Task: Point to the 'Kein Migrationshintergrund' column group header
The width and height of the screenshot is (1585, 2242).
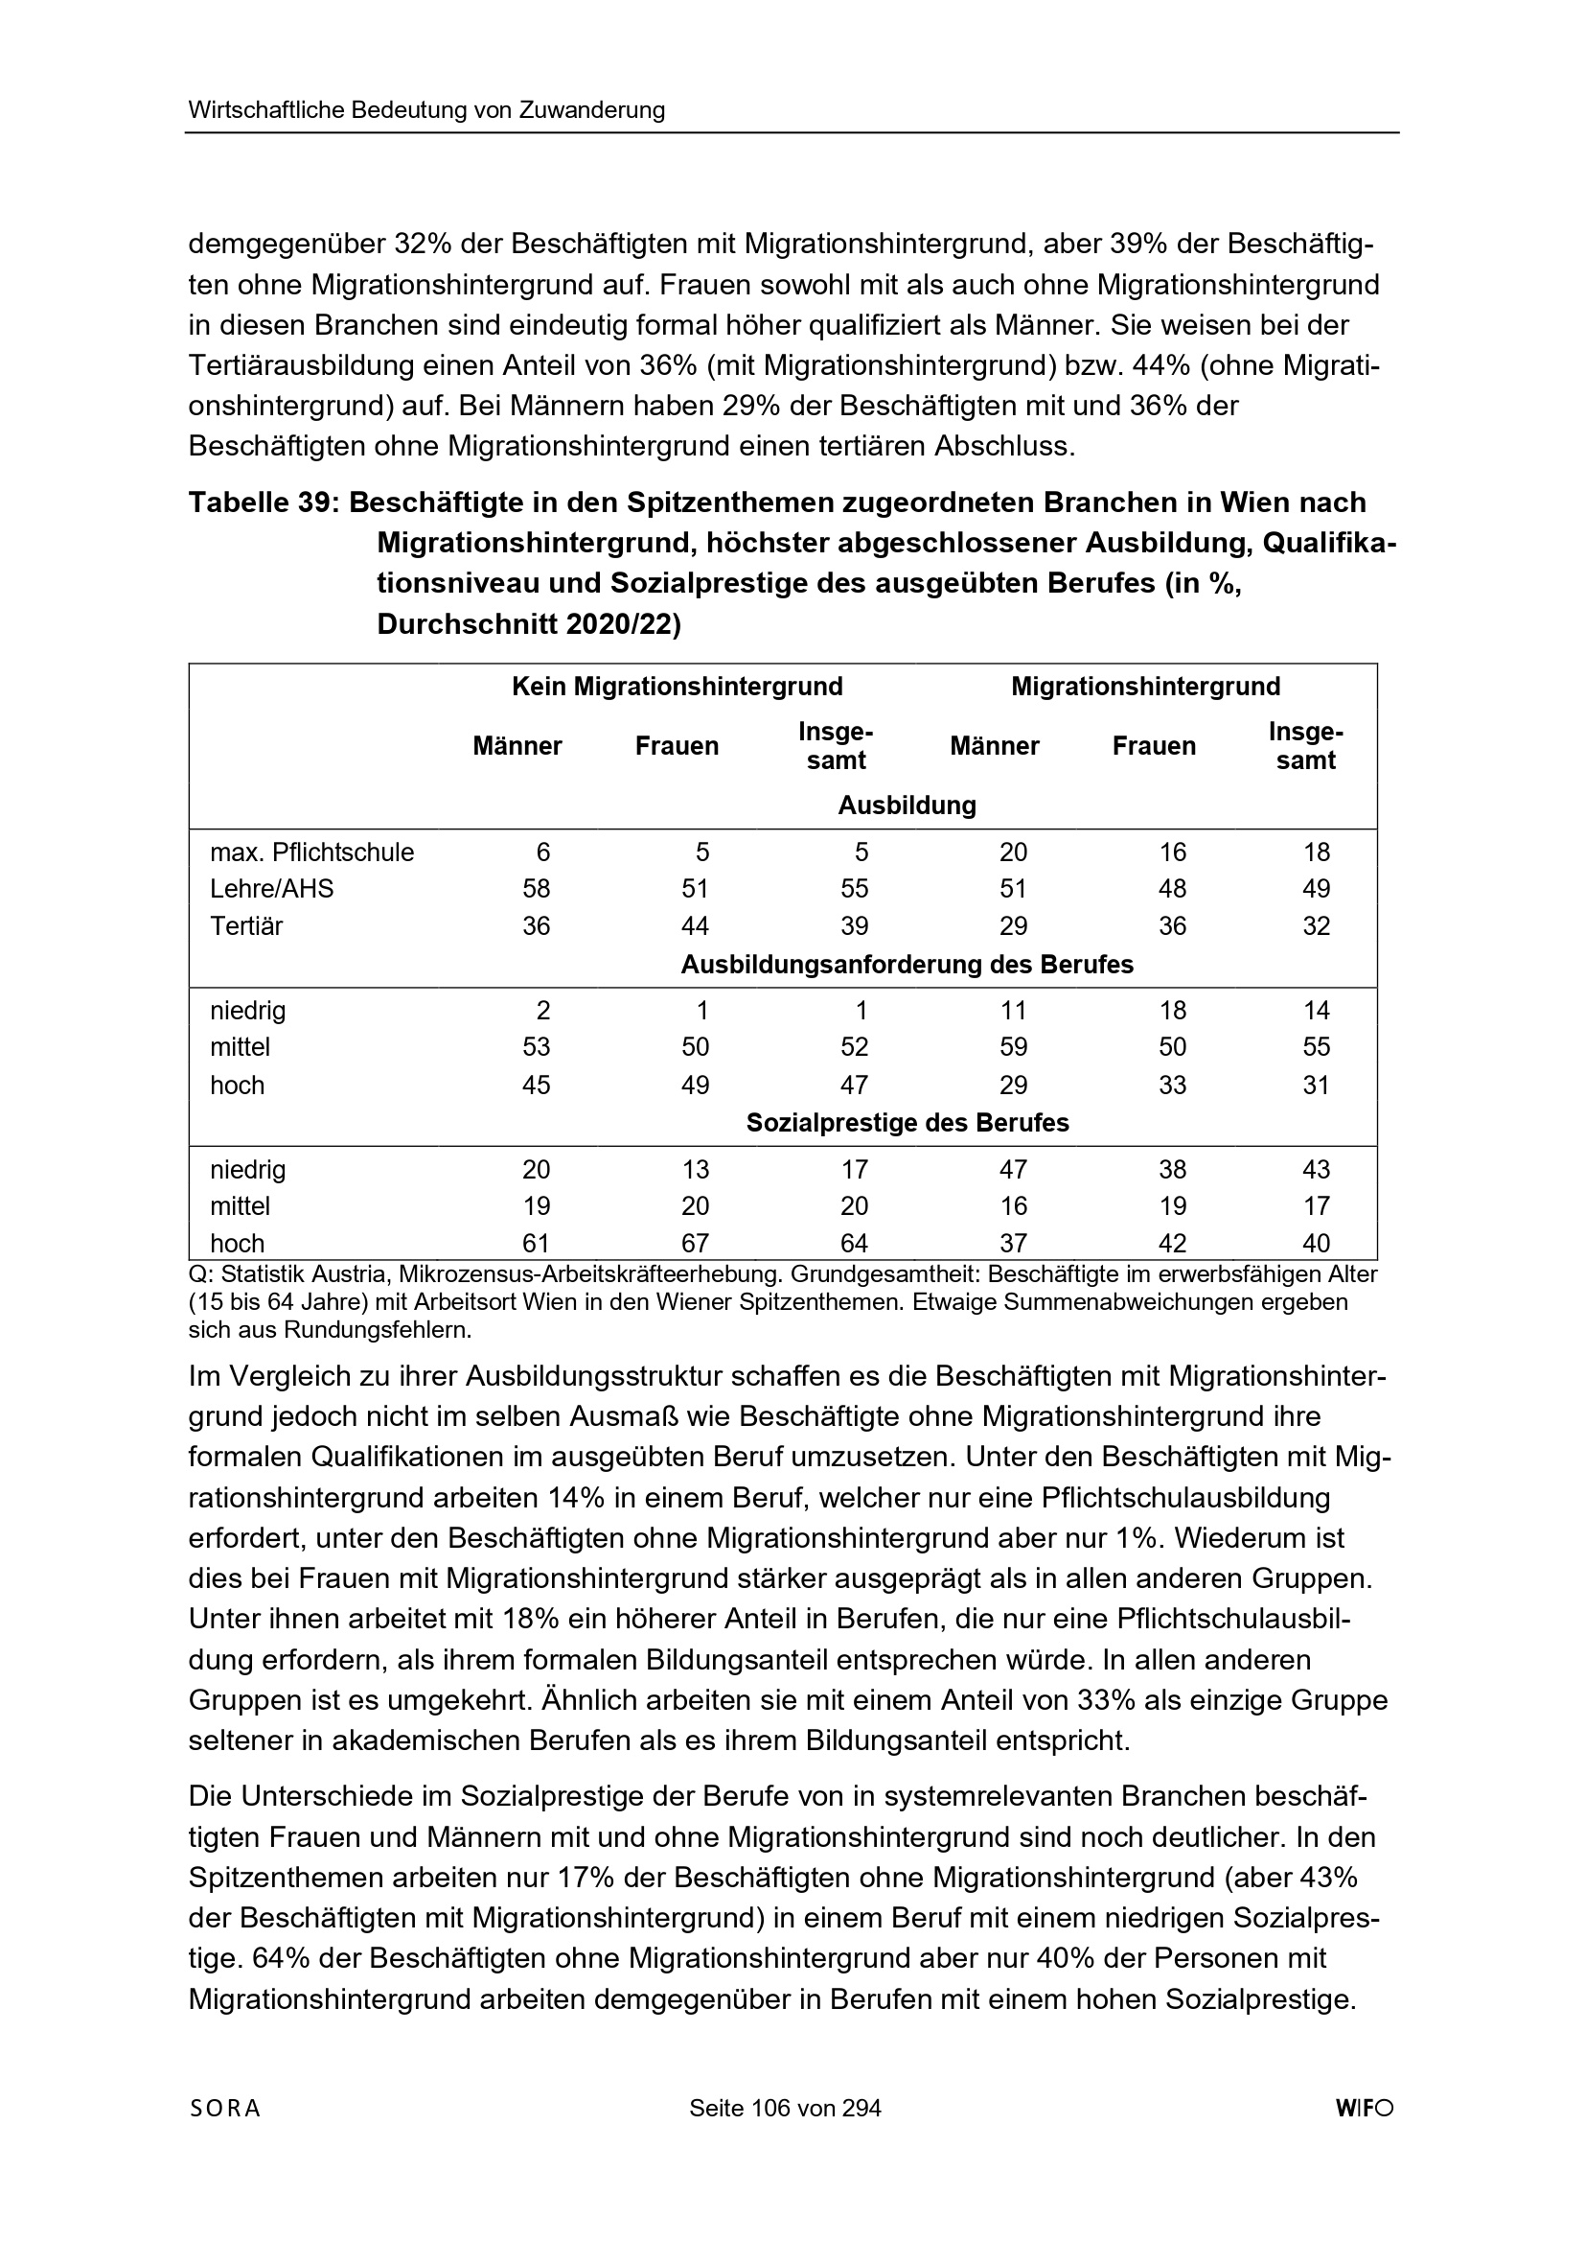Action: [678, 687]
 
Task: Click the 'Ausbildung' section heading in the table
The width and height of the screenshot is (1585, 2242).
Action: [907, 806]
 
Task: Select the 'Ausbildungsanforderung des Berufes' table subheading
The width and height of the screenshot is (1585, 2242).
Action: [907, 965]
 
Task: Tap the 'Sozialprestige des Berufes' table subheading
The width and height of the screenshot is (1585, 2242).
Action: [907, 1123]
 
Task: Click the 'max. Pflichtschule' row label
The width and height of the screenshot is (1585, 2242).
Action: [312, 852]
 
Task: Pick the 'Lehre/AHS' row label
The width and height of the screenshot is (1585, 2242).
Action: [271, 889]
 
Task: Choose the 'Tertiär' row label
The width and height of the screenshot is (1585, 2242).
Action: [246, 925]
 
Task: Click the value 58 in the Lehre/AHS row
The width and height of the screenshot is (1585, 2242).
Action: [536, 889]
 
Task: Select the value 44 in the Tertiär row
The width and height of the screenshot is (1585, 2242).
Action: [695, 925]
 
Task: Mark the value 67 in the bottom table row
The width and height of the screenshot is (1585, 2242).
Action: [695, 1243]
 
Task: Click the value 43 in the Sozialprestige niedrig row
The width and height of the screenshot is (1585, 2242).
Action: [1317, 1170]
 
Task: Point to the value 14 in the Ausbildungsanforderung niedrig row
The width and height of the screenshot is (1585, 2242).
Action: [1317, 1011]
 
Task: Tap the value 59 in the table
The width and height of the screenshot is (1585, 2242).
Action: [1013, 1047]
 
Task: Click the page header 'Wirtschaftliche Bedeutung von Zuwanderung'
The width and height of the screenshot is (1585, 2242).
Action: [426, 110]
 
